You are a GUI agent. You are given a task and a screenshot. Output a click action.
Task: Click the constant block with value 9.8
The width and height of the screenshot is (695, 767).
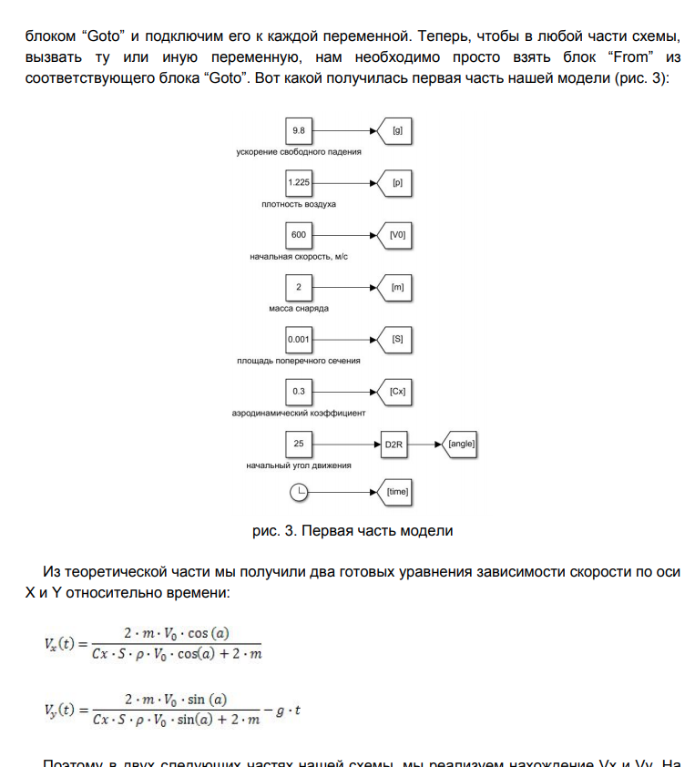298,130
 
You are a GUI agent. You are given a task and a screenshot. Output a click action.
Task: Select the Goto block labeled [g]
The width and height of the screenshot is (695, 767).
396,130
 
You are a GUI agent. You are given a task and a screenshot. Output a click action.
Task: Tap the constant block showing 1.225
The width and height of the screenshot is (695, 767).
298,182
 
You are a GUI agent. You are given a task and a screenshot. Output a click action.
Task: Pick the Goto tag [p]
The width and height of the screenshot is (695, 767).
396,182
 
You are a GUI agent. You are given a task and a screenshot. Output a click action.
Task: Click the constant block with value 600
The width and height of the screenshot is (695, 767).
298,235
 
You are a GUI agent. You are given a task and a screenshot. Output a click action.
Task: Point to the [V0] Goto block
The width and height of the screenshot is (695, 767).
396,235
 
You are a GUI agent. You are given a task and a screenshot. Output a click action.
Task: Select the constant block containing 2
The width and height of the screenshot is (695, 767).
298,287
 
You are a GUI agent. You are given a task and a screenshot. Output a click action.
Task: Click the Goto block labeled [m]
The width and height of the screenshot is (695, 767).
396,287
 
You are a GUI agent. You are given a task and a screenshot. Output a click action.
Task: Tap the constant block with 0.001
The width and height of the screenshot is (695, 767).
298,340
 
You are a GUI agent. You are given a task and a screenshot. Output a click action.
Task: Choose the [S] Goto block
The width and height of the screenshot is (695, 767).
396,340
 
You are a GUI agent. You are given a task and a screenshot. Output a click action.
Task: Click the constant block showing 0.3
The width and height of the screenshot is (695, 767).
298,392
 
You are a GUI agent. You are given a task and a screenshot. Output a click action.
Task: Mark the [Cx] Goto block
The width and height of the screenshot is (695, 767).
396,392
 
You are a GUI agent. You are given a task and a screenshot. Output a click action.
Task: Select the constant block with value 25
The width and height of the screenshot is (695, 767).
298,445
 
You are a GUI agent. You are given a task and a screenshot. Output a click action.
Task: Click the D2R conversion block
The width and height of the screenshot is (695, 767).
393,445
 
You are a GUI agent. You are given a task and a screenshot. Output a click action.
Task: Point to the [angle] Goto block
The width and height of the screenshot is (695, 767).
460,445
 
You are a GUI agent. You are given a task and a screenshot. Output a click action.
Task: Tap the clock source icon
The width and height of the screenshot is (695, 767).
298,492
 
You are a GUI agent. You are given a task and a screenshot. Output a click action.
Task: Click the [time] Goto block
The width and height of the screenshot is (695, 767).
396,492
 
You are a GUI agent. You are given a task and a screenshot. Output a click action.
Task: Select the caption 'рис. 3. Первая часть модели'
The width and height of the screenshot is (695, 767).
353,530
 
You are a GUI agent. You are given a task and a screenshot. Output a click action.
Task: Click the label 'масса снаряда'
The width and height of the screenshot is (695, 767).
299,308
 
